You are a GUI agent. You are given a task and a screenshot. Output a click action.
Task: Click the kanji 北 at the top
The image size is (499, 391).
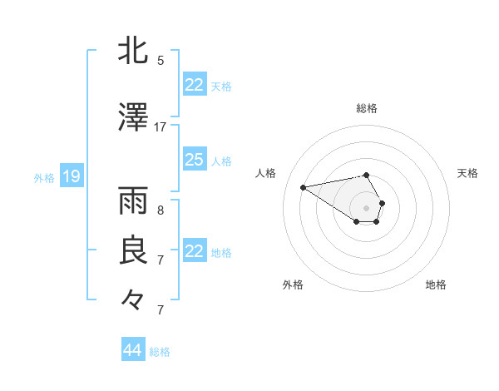coord(133,52)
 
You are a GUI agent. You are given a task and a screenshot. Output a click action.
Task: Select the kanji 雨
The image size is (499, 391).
coord(133,202)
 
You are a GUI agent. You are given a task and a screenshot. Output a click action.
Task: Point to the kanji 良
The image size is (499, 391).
coord(133,251)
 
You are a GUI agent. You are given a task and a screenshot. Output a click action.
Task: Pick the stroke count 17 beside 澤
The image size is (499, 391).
coord(161,127)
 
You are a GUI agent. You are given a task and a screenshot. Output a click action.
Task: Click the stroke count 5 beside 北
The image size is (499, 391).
coord(161,60)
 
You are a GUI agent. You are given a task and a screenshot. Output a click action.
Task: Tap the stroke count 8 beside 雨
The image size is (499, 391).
coord(161,210)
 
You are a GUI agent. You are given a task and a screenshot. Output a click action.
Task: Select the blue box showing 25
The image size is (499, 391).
coord(194,160)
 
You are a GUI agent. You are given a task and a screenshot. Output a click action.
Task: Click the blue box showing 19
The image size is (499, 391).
coord(71,176)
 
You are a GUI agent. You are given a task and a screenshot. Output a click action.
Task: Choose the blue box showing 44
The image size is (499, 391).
coord(132,350)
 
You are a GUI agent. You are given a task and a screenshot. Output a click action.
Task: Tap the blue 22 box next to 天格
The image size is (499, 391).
coord(194,85)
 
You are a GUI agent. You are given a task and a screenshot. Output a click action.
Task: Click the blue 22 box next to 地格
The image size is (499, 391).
coord(194,251)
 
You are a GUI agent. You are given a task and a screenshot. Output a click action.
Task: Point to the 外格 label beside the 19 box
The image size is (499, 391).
coord(44,177)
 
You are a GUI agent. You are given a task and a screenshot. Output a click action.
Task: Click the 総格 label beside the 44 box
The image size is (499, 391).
coord(160,352)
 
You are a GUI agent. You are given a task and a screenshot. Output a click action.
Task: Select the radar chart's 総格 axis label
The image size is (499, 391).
coord(367,108)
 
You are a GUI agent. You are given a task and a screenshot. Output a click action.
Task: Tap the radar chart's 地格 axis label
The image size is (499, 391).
coord(436,285)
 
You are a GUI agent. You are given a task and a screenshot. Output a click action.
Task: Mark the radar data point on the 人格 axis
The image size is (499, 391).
coord(304,186)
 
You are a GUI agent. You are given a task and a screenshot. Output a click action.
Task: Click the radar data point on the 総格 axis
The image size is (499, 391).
coord(367,175)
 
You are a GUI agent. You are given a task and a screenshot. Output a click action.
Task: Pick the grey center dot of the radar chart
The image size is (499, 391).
coord(367,207)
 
